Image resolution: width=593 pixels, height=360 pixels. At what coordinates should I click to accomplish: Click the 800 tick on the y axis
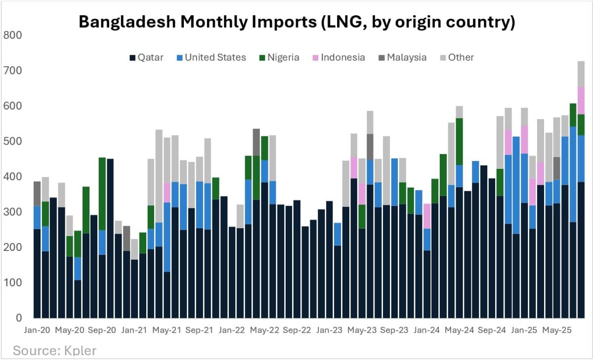12,36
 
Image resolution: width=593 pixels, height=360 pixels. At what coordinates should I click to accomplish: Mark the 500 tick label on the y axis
12,142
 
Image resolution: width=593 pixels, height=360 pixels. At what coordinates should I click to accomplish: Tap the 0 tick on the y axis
19,318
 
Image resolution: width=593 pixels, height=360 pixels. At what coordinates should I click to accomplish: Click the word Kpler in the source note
80,351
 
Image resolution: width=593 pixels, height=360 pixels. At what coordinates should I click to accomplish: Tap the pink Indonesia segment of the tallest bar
581,100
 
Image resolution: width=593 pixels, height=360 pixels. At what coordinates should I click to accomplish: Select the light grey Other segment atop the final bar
581,74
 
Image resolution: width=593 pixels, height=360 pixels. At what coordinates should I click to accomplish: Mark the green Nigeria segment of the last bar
581,124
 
